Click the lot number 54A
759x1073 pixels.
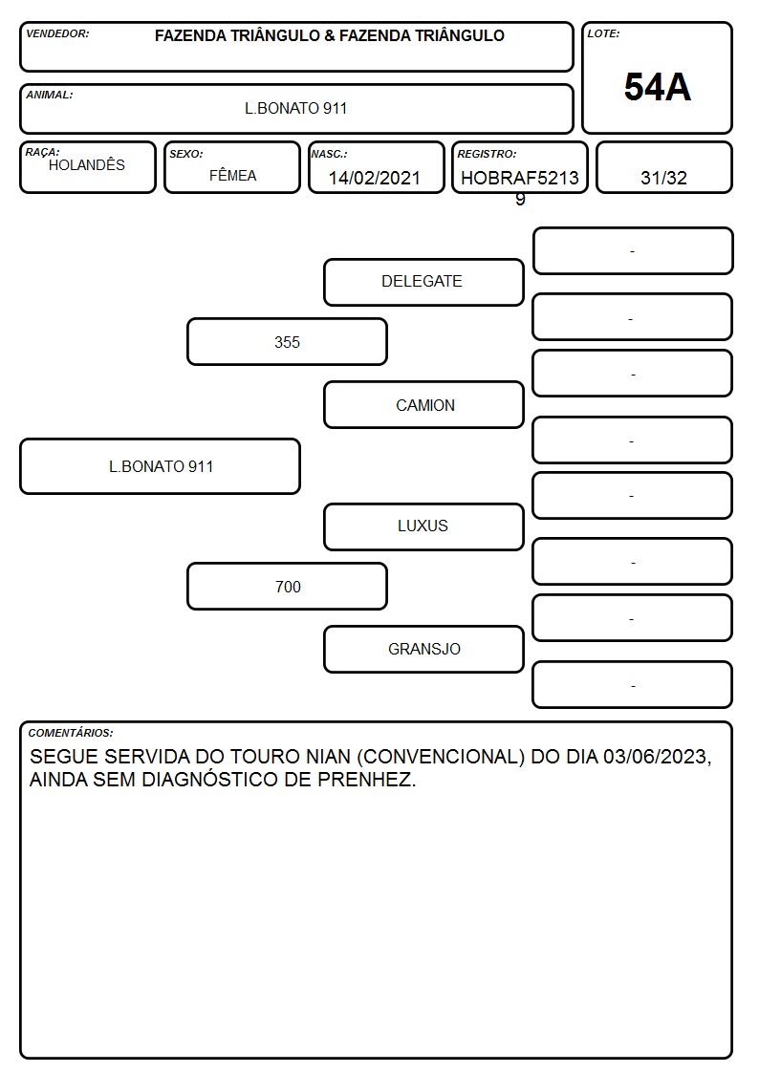(657, 87)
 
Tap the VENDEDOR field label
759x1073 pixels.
(57, 33)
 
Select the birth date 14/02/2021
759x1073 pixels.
(375, 178)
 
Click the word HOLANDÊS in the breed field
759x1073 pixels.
(87, 165)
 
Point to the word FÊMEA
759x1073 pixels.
(232, 176)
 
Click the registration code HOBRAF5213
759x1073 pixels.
(519, 178)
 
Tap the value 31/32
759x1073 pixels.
(663, 178)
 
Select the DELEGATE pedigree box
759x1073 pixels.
(423, 282)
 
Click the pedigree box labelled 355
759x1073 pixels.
(287, 341)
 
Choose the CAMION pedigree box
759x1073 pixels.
(423, 404)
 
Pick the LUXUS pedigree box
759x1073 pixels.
(423, 526)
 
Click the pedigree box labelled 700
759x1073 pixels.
(287, 587)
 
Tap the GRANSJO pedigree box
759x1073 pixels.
(423, 649)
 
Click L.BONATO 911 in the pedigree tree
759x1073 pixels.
(161, 466)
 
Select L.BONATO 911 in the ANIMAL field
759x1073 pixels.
(295, 108)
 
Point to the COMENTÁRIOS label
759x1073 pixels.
(71, 733)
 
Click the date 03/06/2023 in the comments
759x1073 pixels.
(657, 757)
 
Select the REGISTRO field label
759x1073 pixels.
(487, 154)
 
